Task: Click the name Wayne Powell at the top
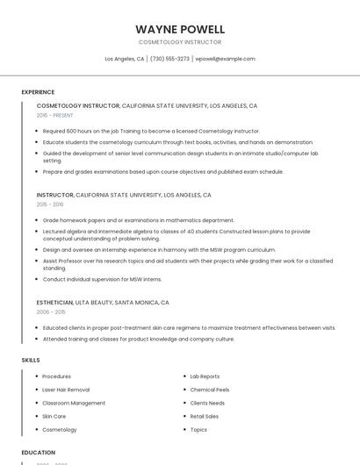[180, 29]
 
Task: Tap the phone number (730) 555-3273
[170, 59]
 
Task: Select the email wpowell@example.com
[226, 59]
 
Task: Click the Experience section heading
[38, 92]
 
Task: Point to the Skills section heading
[31, 361]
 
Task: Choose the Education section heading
[38, 453]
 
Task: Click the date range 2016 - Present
[55, 115]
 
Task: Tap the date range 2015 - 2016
[50, 204]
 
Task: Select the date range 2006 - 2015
[51, 311]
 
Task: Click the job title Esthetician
[54, 302]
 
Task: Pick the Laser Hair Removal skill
[66, 390]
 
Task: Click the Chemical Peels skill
[210, 390]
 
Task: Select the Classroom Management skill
[74, 403]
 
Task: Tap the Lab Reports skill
[205, 376]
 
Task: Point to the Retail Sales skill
[205, 416]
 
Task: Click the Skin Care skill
[54, 416]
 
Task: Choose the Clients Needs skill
[207, 403]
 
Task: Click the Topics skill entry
[198, 430]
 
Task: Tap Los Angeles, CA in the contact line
[125, 59]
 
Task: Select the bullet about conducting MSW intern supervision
[102, 279]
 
